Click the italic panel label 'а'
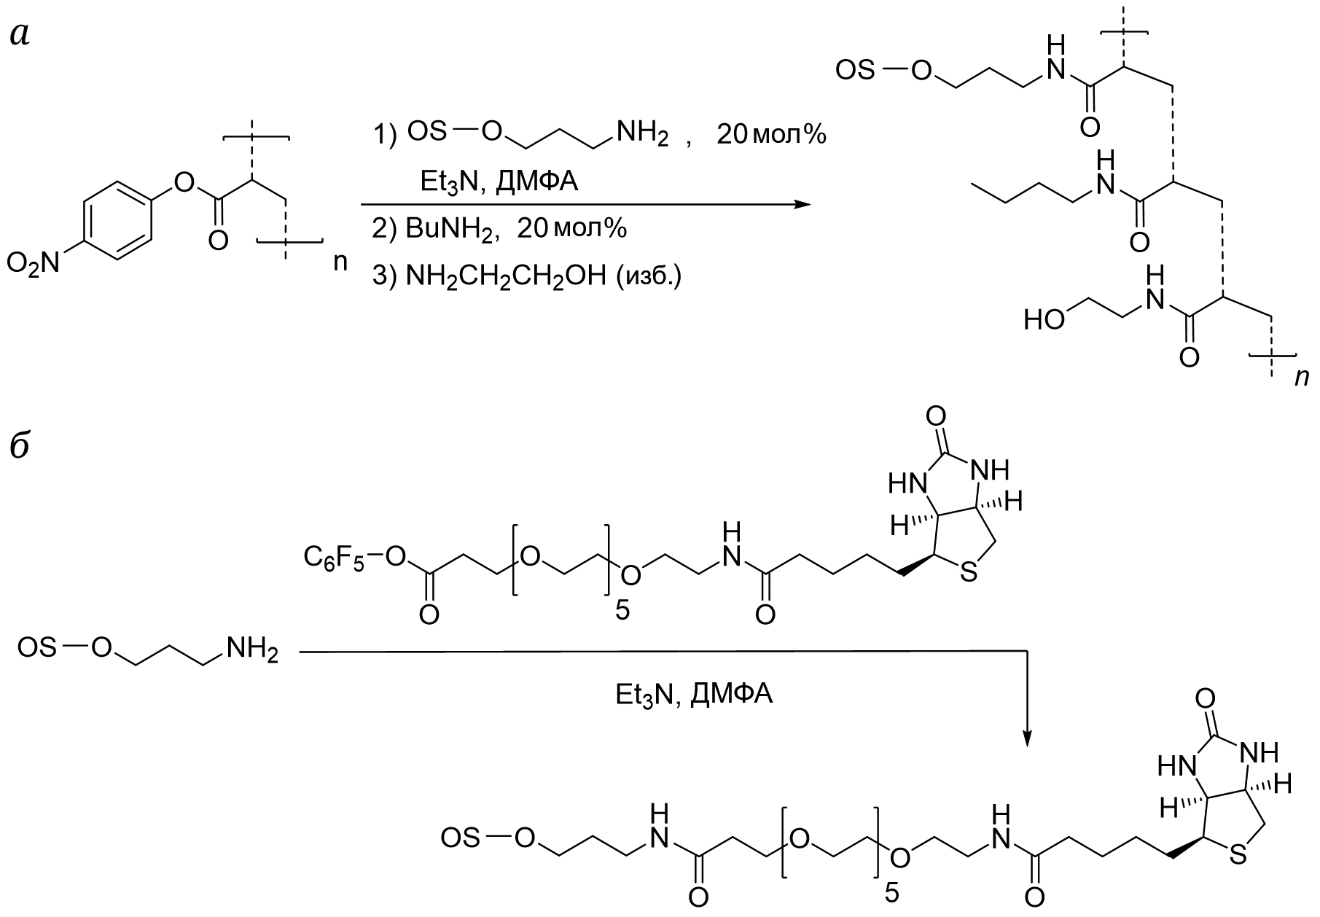tap(20, 35)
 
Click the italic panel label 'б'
tap(20, 444)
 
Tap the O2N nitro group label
tap(33, 263)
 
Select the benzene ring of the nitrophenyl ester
tap(117, 218)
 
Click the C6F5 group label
tap(333, 559)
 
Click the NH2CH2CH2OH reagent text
tap(504, 278)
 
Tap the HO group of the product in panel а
tap(1044, 319)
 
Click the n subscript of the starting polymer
tap(340, 262)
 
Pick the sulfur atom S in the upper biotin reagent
tap(968, 574)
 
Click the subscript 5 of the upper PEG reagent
tap(622, 609)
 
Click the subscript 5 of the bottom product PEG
tap(891, 893)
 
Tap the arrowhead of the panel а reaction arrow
tap(801, 204)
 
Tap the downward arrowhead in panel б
tap(1026, 738)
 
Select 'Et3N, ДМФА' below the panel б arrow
tap(694, 694)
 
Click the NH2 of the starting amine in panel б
tap(252, 648)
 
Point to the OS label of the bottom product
tap(461, 838)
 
